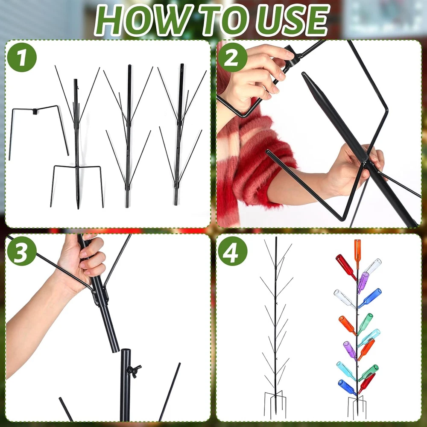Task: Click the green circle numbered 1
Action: [x=22, y=58]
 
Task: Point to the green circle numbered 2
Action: [x=232, y=58]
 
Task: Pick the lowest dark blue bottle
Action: [x=347, y=387]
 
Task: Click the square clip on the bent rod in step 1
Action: [x=35, y=111]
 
